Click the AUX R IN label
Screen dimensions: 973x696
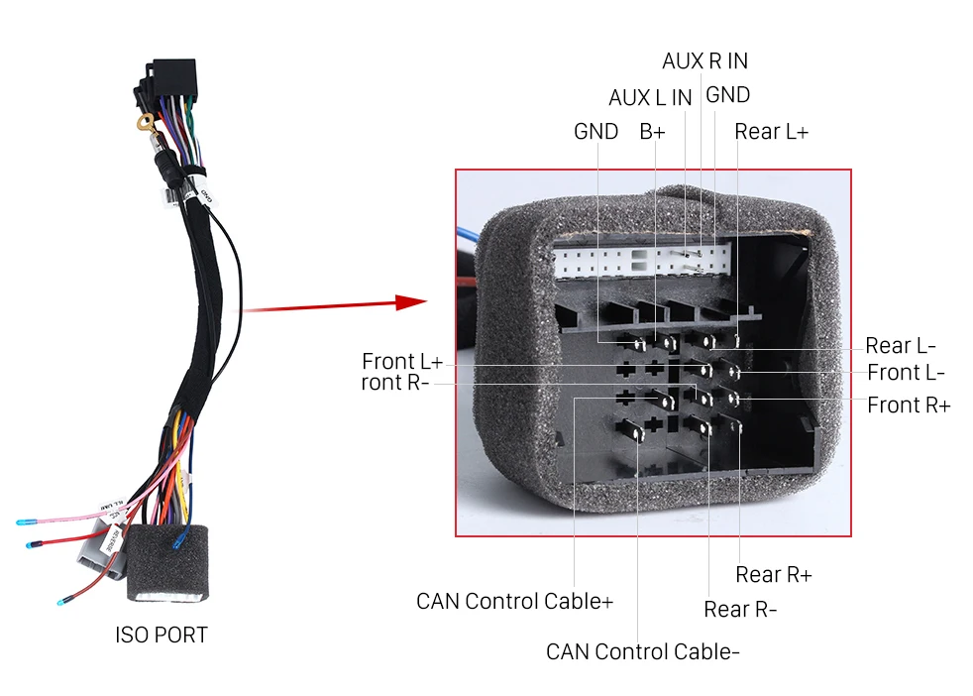pyautogui.click(x=704, y=60)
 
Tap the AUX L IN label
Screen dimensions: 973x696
pyautogui.click(x=650, y=97)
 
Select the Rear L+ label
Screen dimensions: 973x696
pyautogui.click(x=771, y=132)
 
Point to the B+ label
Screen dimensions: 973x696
pyautogui.click(x=652, y=132)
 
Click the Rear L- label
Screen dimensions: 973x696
pyautogui.click(x=901, y=345)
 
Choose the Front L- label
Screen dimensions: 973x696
pyautogui.click(x=906, y=373)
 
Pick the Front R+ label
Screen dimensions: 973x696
pyautogui.click(x=909, y=405)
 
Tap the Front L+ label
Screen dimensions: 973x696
pyautogui.click(x=402, y=361)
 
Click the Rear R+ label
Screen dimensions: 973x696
pyautogui.click(x=773, y=574)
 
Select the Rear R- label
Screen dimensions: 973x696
pyautogui.click(x=740, y=609)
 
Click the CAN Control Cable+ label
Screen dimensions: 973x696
pyautogui.click(x=514, y=601)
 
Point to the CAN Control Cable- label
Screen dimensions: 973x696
pyautogui.click(x=642, y=651)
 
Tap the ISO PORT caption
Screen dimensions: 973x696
pyautogui.click(x=162, y=635)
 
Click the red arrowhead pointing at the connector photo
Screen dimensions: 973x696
pyautogui.click(x=411, y=301)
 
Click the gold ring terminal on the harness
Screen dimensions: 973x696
pyautogui.click(x=146, y=123)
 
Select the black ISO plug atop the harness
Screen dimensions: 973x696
pyautogui.click(x=171, y=79)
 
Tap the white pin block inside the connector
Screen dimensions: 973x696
pyautogui.click(x=641, y=260)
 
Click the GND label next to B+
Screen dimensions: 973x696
pyautogui.click(x=595, y=132)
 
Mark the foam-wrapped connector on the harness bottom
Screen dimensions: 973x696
pyautogui.click(x=167, y=563)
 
